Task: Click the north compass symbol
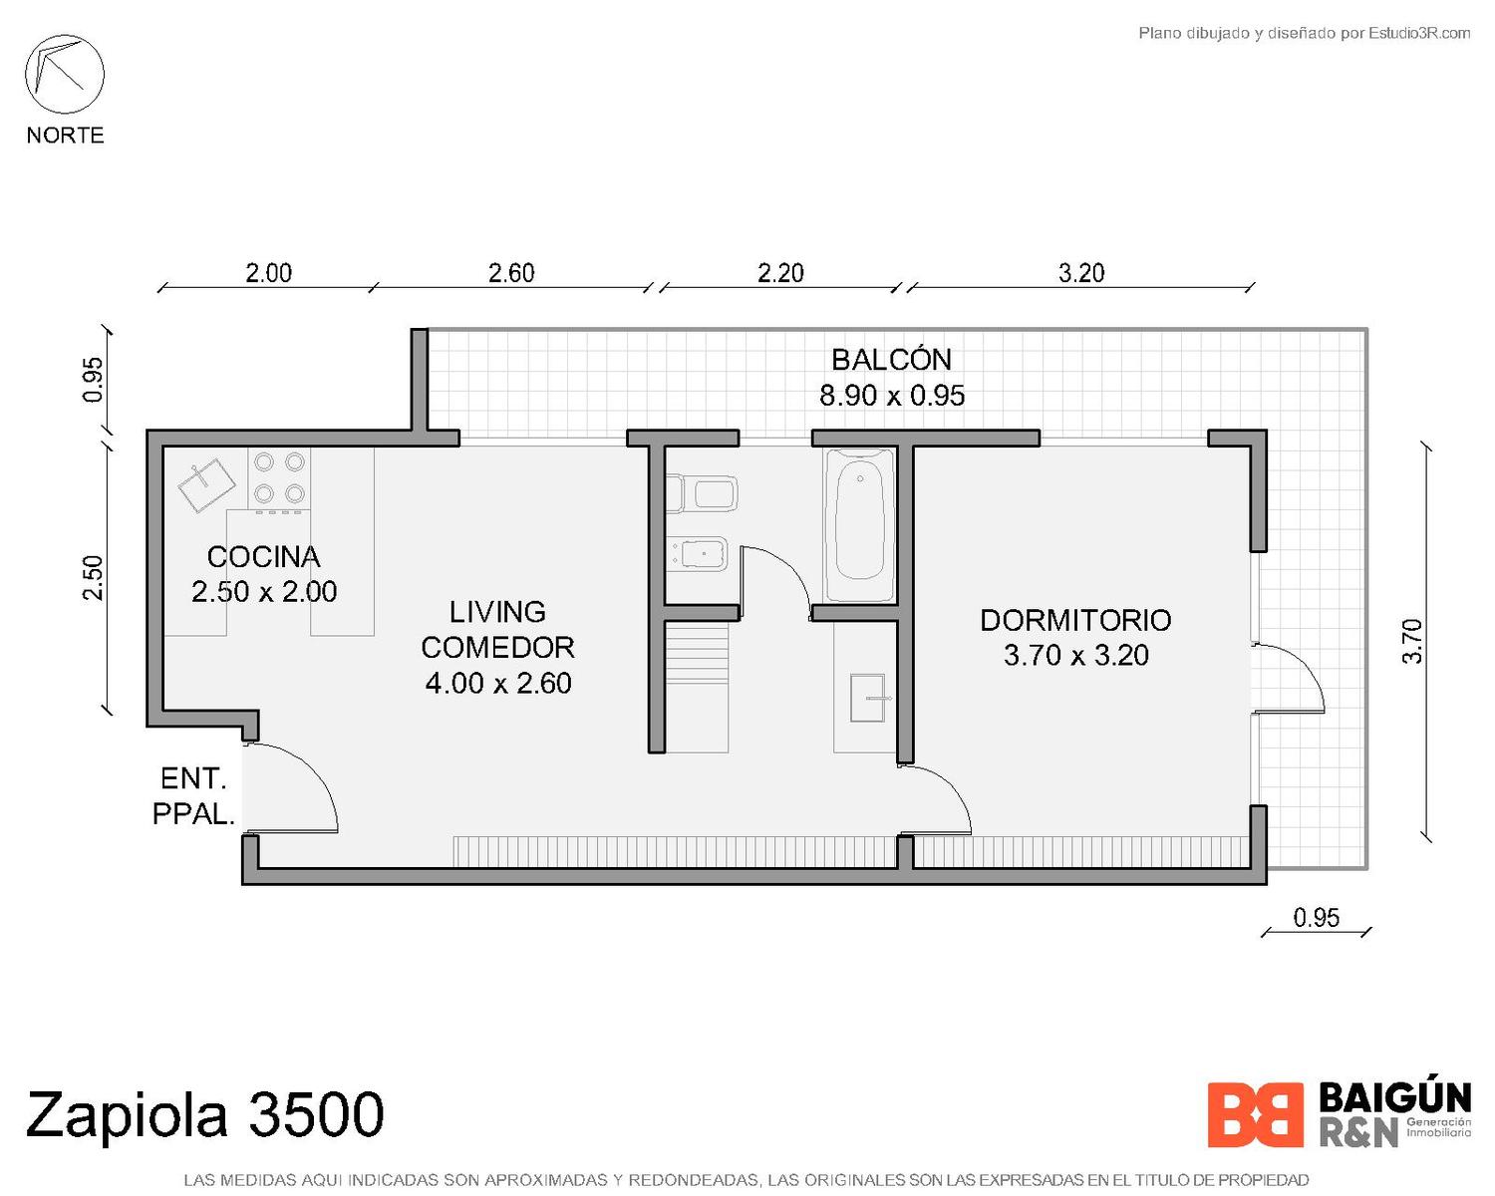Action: coord(65,74)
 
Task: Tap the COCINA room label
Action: coord(263,557)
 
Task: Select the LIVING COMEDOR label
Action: coord(497,630)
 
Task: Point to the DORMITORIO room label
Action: coord(1075,620)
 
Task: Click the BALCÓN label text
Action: coord(891,360)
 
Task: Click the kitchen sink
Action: coord(206,483)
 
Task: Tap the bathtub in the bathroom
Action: coord(859,524)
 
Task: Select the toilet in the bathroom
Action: coord(701,493)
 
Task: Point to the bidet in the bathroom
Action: coord(698,554)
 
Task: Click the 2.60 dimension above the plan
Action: coord(511,273)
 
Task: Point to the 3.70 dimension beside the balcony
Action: coord(1413,642)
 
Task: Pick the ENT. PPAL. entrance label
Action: coord(193,796)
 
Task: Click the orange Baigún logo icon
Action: coord(1255,1115)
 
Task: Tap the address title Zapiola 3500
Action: coord(205,1113)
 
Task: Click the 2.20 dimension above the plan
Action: coord(780,273)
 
